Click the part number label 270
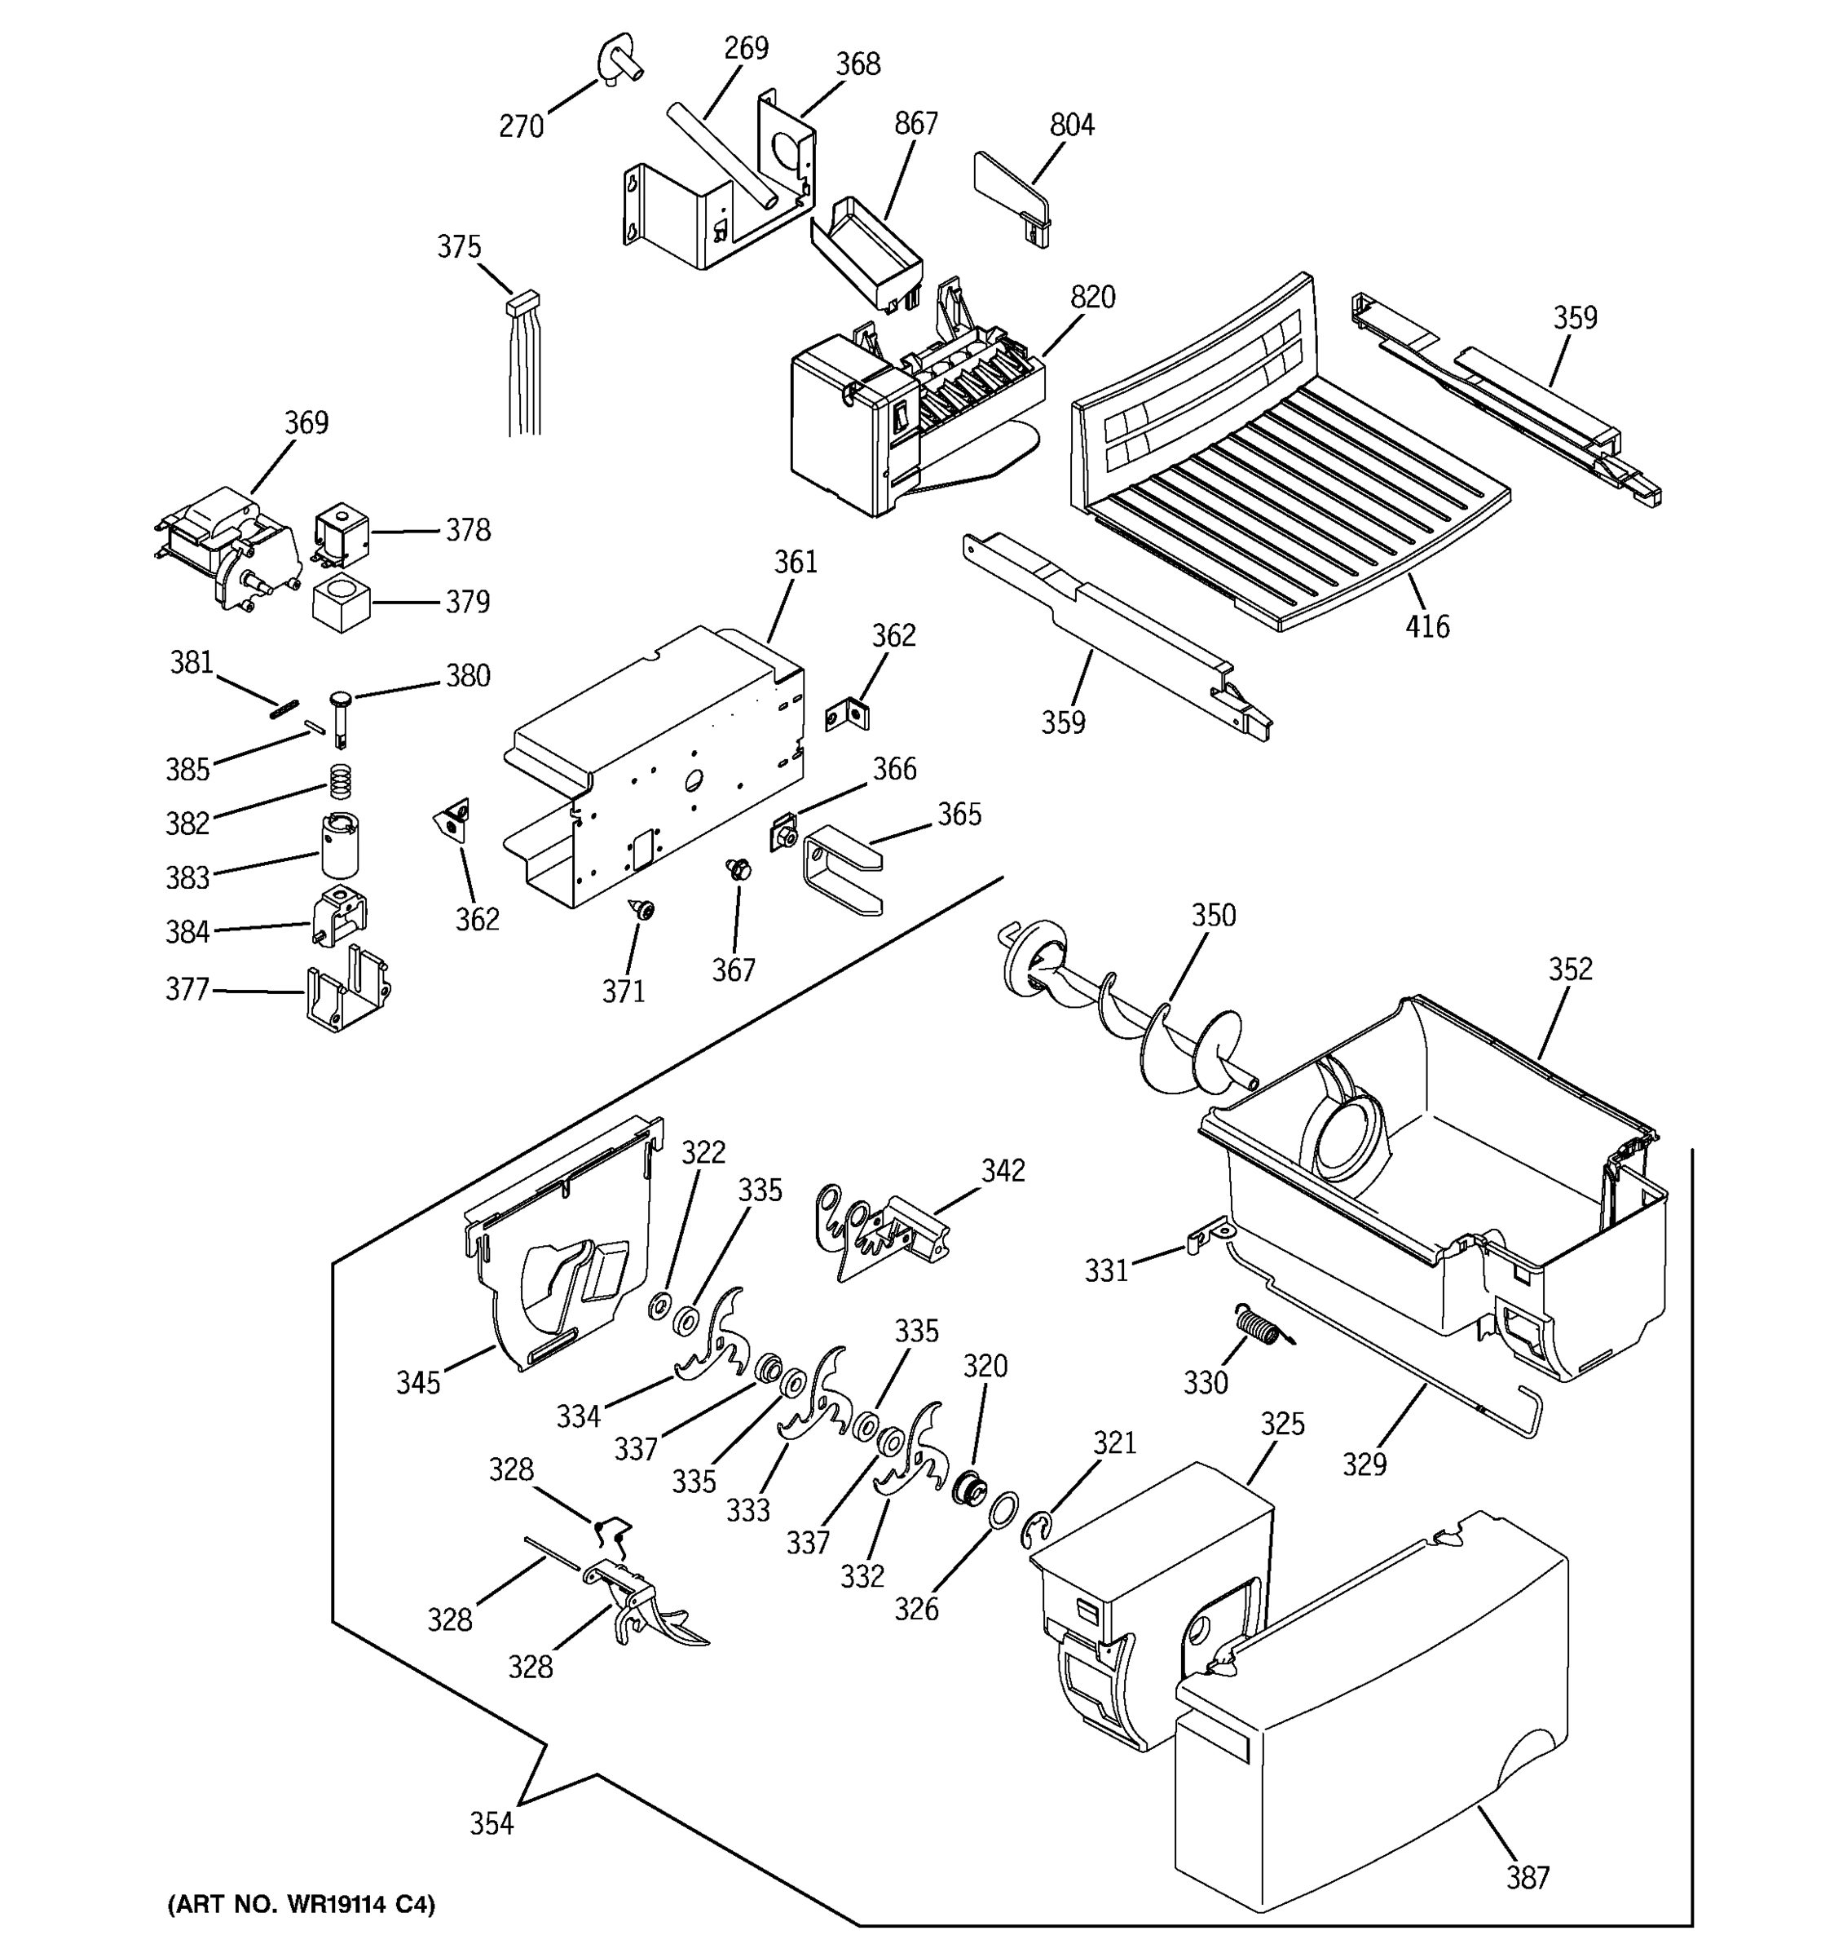point(521,127)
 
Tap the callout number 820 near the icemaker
point(1092,298)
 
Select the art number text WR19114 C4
point(301,1904)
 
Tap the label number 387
point(1527,1878)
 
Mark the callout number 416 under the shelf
point(1426,626)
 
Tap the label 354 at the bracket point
point(491,1824)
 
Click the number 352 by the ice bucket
point(1569,970)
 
